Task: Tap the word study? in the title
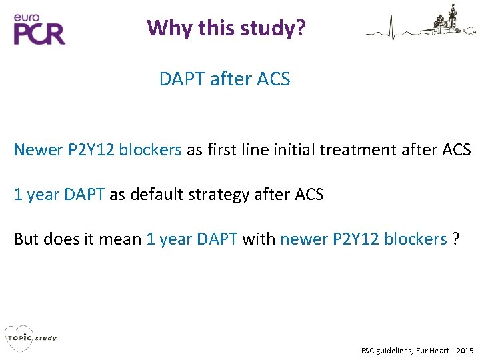coord(274,28)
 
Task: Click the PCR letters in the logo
coord(39,33)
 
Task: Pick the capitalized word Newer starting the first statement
coord(38,149)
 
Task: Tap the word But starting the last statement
coord(26,239)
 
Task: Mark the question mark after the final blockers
coord(455,239)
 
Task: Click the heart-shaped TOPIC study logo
coord(18,337)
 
